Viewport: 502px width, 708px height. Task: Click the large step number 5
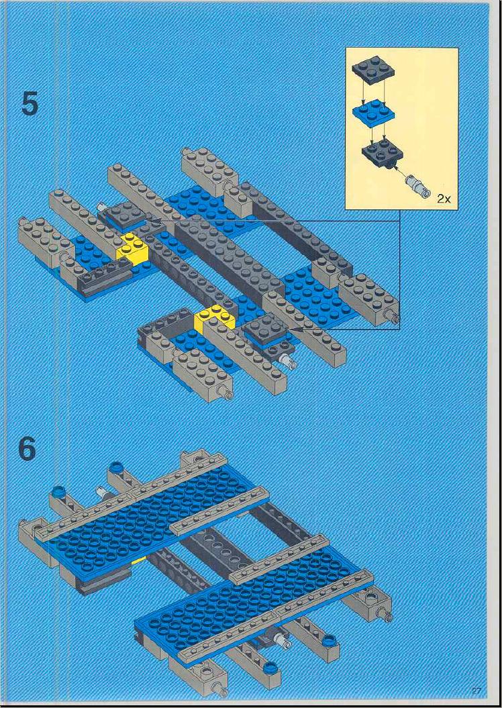30,104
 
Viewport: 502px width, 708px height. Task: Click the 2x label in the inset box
444,199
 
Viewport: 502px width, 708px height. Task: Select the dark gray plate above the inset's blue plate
372,69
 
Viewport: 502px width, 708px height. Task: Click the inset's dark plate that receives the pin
382,156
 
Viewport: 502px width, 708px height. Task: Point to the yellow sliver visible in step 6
139,561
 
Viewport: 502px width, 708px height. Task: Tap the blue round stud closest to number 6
58,491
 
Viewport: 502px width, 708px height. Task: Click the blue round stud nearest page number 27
330,640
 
